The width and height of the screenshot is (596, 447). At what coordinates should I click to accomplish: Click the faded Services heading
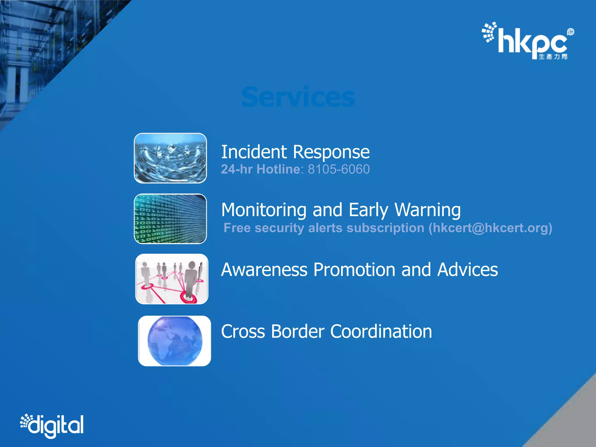click(298, 97)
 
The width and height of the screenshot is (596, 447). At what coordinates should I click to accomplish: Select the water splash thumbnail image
click(170, 158)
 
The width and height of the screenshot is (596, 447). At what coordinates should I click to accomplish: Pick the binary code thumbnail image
click(170, 219)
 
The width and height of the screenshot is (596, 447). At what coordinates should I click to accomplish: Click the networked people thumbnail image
click(172, 279)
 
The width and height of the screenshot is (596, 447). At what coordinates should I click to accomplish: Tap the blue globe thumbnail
click(174, 341)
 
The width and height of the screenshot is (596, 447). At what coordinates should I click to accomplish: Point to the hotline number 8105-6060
click(339, 169)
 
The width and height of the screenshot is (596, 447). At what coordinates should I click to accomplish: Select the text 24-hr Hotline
click(260, 169)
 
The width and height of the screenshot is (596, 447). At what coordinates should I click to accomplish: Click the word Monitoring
click(263, 210)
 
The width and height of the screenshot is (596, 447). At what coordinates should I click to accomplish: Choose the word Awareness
click(264, 270)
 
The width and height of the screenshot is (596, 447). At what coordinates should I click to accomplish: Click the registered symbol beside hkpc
click(570, 32)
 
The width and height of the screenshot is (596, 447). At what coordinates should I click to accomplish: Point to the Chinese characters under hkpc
click(553, 56)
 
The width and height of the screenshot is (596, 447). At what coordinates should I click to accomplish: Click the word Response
click(331, 152)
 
